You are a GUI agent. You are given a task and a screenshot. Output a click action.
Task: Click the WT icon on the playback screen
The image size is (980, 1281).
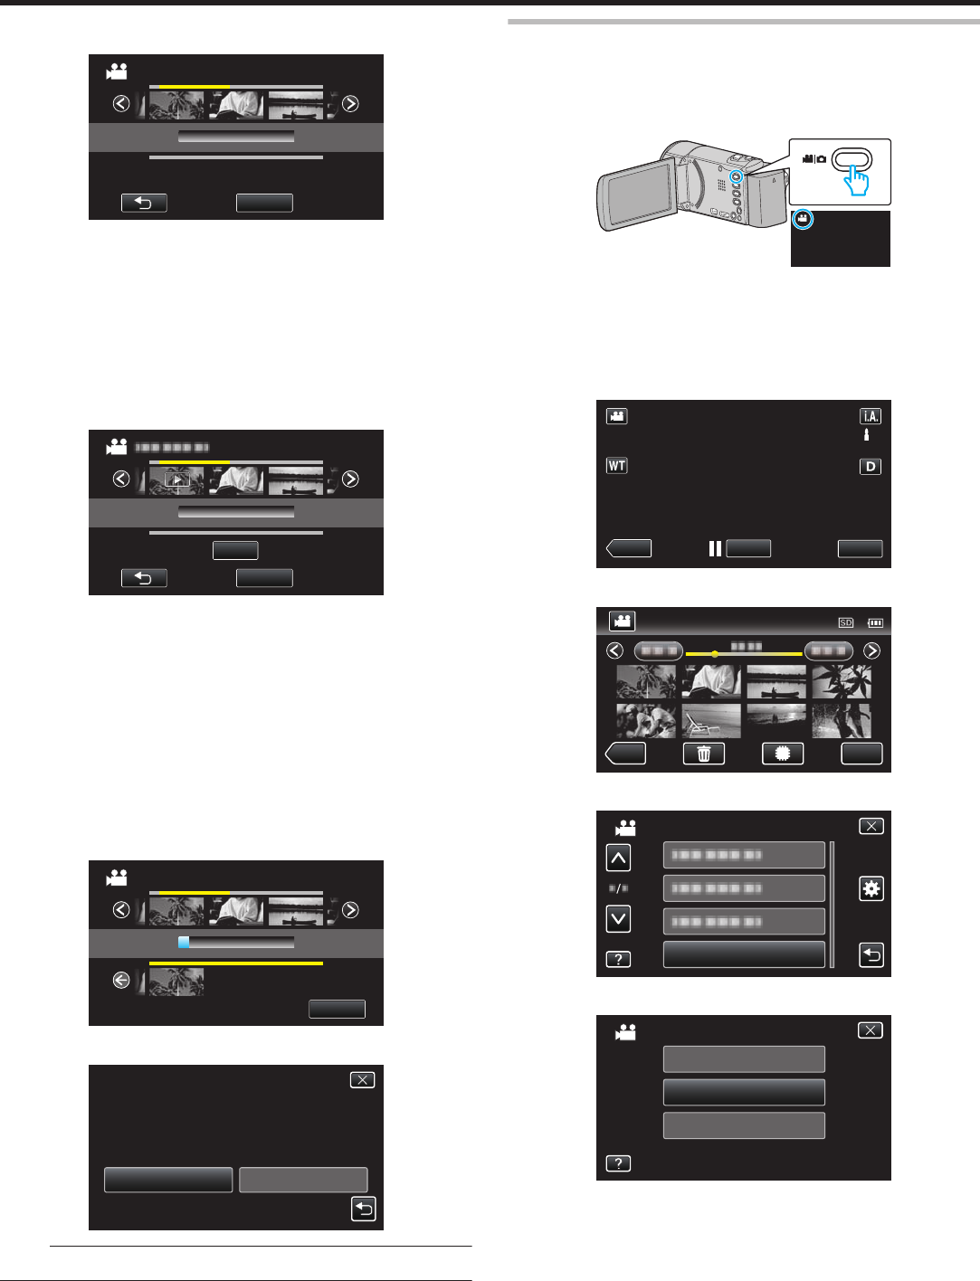616,466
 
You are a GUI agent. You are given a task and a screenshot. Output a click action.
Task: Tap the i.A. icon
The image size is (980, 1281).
870,416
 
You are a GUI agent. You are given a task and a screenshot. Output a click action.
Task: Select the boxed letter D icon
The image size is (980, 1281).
870,467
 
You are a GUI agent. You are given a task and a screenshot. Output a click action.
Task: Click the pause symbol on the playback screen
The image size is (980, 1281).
715,548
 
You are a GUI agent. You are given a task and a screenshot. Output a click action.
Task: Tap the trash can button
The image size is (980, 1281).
704,754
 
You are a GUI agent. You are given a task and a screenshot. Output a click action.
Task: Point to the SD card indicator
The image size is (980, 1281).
846,622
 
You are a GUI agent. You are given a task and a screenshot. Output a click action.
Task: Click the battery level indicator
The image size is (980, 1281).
875,622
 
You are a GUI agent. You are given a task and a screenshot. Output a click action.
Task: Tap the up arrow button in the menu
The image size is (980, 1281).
618,858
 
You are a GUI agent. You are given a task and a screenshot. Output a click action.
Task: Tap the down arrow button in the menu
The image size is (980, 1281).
618,919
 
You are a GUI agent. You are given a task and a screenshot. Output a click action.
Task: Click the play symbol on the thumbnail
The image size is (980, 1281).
177,479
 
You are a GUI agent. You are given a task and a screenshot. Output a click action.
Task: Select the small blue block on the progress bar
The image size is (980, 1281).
184,942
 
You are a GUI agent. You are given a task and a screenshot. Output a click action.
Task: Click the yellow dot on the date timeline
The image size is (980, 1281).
715,653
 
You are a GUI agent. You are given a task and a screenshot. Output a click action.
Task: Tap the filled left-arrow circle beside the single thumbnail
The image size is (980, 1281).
121,980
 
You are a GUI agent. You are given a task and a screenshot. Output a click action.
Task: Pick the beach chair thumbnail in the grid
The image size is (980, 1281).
711,721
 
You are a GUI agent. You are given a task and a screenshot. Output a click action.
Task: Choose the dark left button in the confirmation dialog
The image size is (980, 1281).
168,1180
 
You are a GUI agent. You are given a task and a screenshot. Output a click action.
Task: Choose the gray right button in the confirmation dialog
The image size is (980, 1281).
303,1180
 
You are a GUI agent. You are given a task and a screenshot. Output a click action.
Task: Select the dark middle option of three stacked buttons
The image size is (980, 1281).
744,1092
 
